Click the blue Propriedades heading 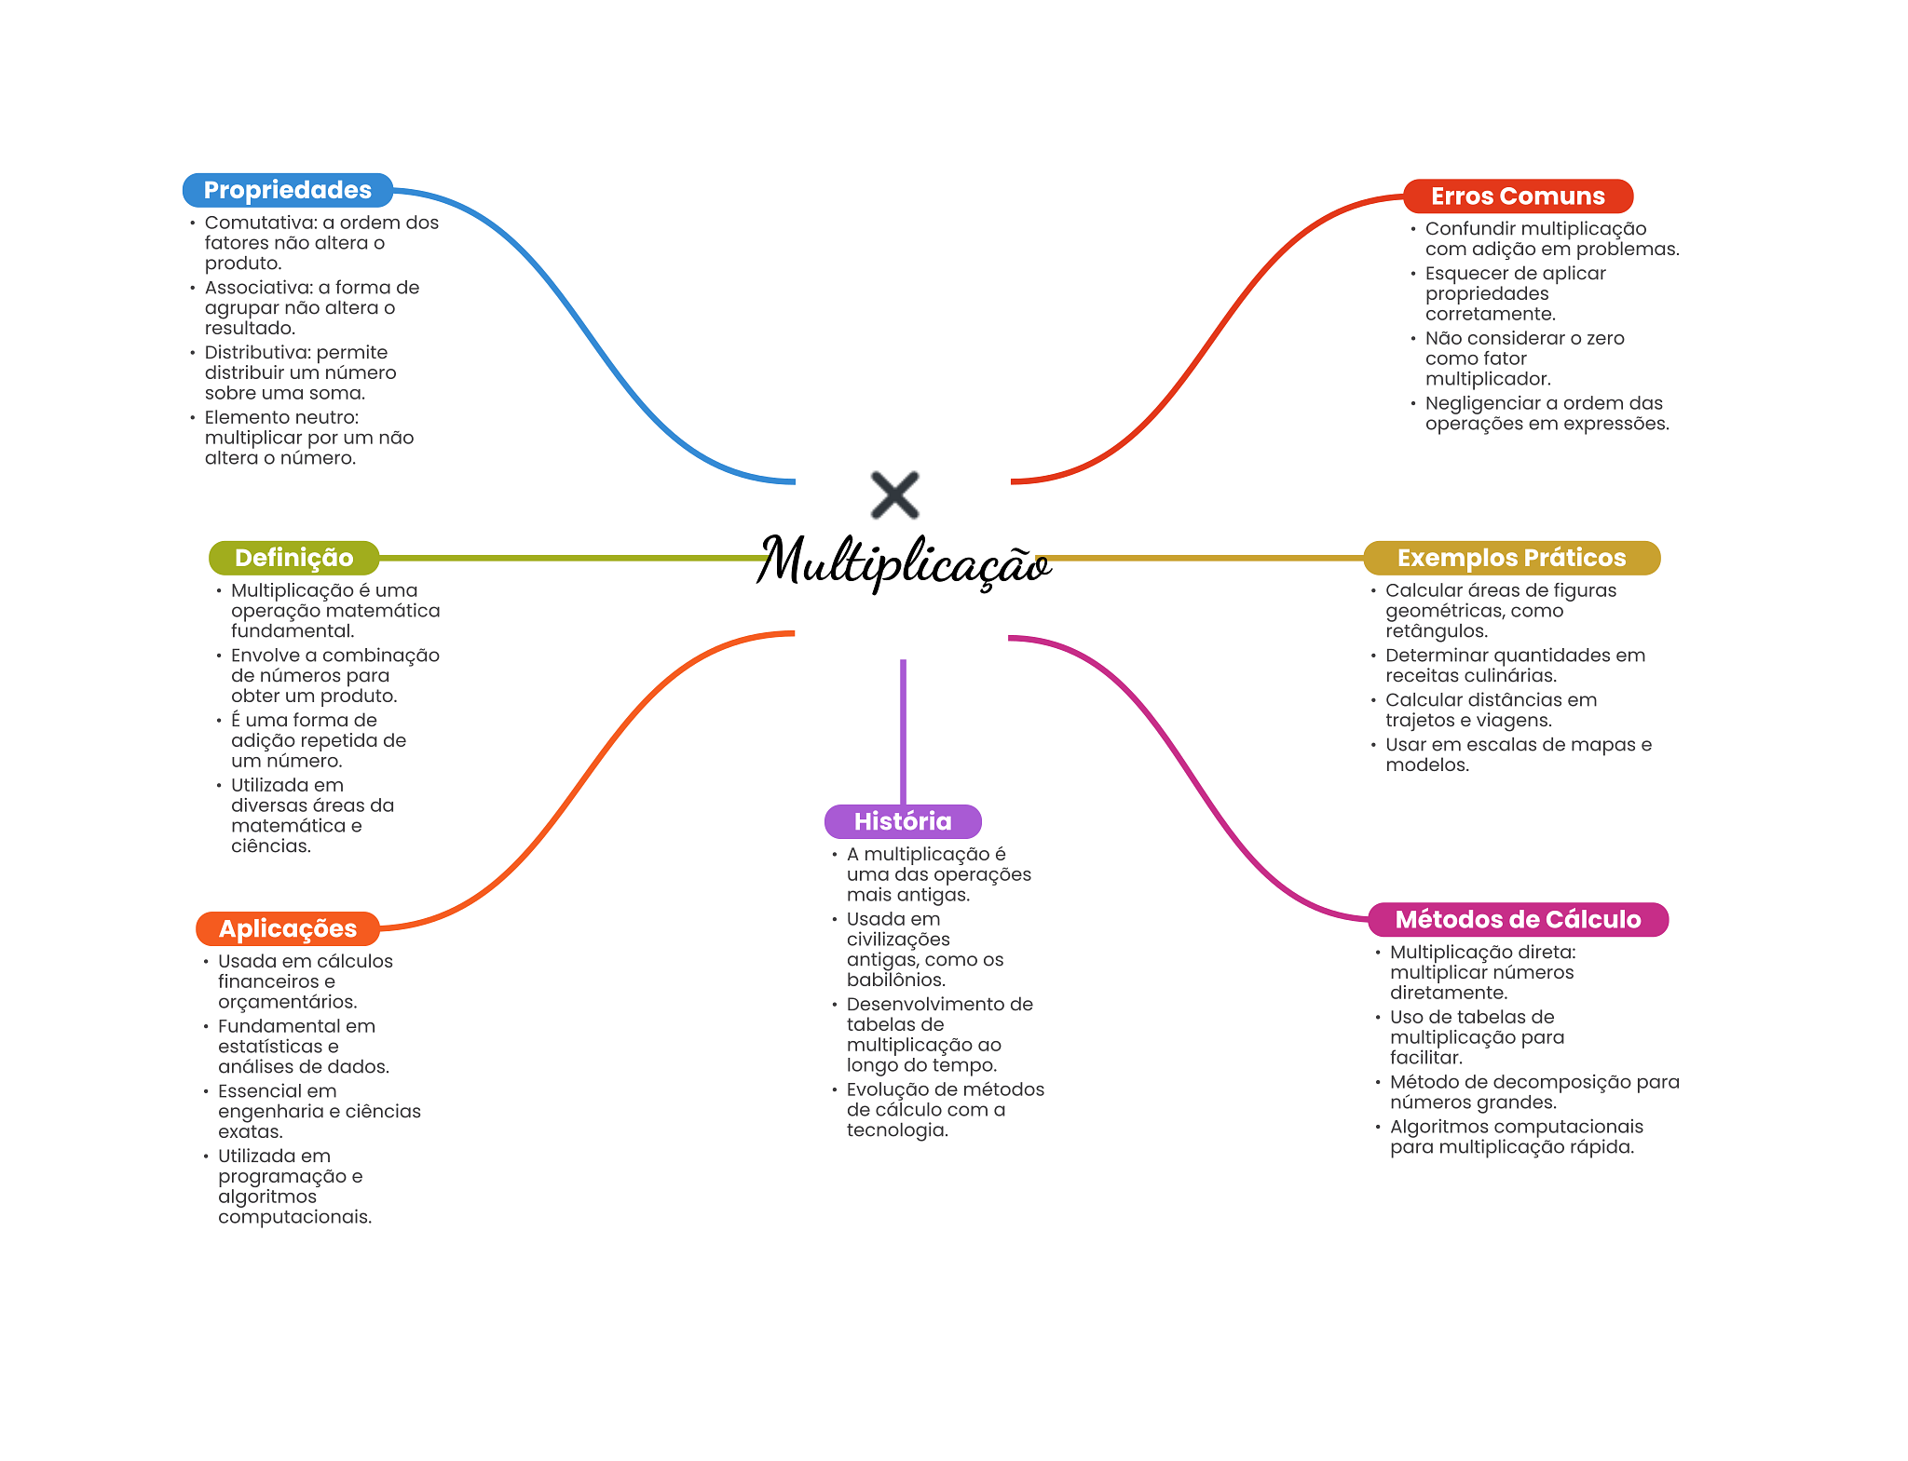coord(288,190)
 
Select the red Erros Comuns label coord(1518,196)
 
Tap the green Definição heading coord(293,558)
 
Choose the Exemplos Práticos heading coord(1511,558)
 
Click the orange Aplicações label coord(288,928)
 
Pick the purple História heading coord(903,821)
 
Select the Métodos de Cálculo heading coord(1518,919)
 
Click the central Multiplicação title coord(904,561)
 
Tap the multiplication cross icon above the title coord(894,494)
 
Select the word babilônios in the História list coord(896,980)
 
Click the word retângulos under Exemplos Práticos coord(1437,631)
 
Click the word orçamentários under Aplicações coord(288,1002)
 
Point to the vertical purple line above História coord(903,732)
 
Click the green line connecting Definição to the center coord(574,558)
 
